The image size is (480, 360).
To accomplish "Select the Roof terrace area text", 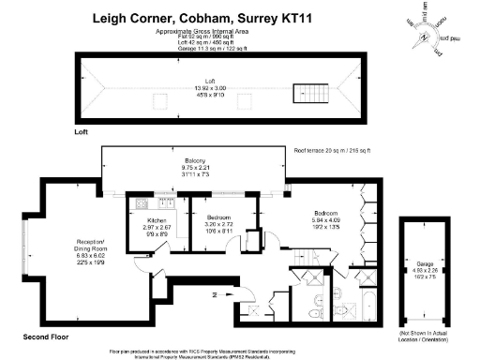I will point(333,150).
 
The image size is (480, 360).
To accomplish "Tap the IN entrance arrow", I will point(217,294).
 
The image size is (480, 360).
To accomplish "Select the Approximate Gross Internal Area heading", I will point(202,31).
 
